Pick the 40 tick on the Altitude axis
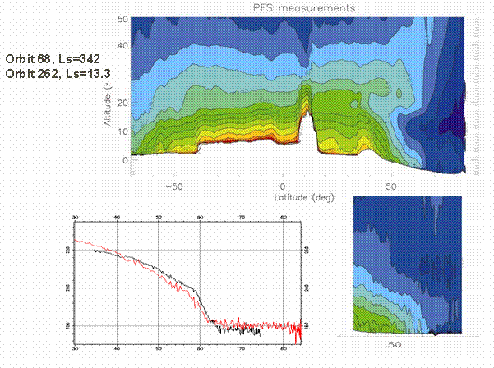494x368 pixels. (122, 46)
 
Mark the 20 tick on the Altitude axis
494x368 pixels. (122, 103)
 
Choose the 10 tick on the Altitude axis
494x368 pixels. (122, 131)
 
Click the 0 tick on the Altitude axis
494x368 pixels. (124, 160)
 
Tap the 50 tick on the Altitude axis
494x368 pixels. (122, 18)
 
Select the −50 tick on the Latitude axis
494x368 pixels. (173, 186)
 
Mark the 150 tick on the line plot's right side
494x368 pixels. (307, 325)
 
